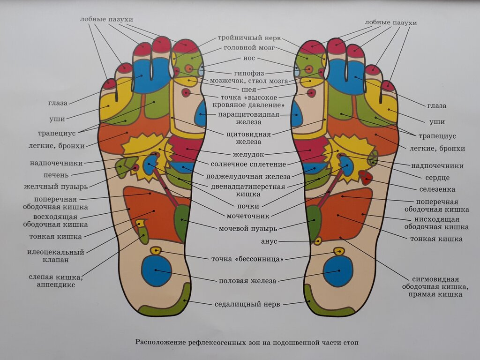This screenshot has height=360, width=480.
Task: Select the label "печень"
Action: pos(57,175)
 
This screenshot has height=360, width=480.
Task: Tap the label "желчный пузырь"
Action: pos(56,187)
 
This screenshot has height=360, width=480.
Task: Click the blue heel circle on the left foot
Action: pos(157,271)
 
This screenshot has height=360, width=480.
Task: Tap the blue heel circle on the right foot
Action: pos(338,271)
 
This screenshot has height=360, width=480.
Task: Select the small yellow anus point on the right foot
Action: pos(318,241)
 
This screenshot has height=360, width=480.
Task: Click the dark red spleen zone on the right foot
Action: pos(366,177)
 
